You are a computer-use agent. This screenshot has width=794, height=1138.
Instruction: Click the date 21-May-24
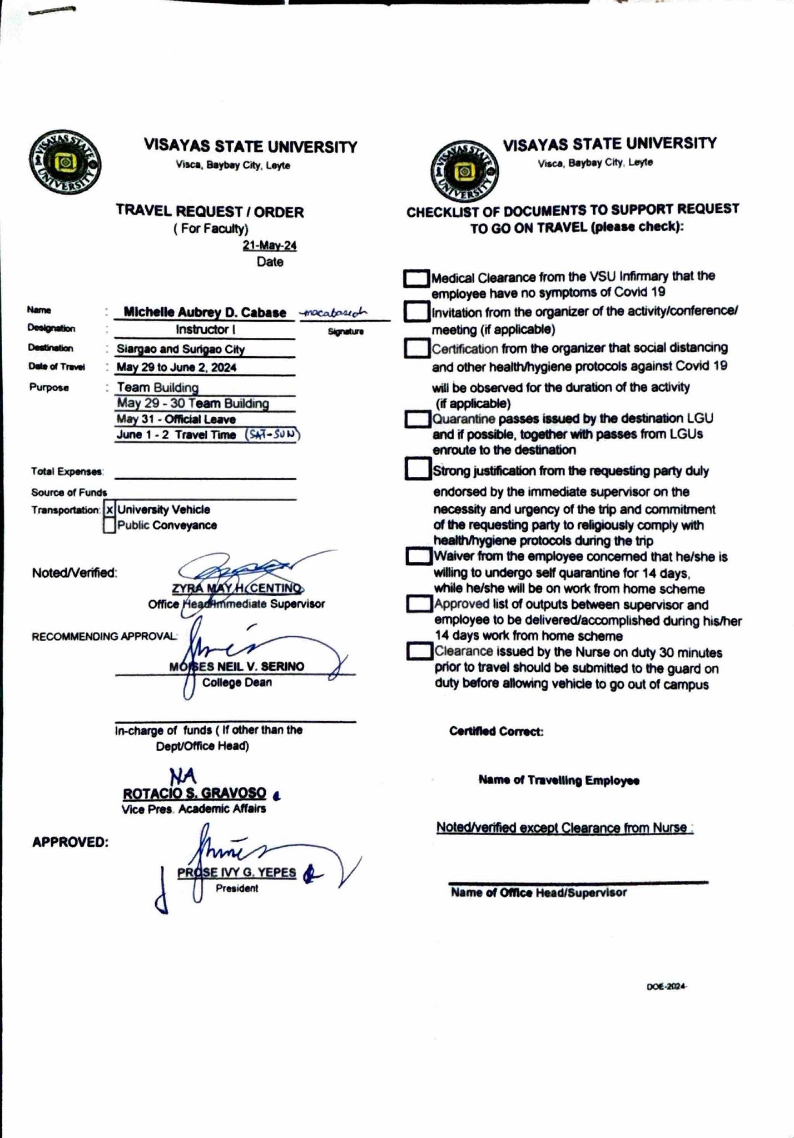(x=270, y=246)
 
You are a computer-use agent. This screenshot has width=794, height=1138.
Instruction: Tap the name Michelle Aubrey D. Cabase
(x=205, y=312)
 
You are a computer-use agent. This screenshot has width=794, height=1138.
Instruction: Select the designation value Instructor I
(x=206, y=330)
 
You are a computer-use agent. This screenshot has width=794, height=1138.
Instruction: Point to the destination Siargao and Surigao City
(x=181, y=349)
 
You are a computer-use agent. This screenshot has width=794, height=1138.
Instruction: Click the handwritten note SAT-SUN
(x=272, y=435)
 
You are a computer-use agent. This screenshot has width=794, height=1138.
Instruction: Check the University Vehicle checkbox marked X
(x=110, y=510)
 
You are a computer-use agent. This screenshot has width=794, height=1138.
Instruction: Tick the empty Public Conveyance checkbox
(x=110, y=525)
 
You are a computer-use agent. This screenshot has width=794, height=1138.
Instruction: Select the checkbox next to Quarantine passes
(x=418, y=419)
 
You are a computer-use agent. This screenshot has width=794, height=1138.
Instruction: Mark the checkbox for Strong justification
(x=418, y=468)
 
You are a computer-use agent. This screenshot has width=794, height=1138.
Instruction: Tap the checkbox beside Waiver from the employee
(x=419, y=556)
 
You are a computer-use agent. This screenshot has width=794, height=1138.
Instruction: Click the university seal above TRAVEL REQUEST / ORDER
(x=65, y=163)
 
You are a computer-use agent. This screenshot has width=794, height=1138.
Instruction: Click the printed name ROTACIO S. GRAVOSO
(x=195, y=793)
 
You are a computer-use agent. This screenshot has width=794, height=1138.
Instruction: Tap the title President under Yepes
(x=237, y=889)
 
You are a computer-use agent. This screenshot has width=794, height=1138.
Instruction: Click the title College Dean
(x=237, y=682)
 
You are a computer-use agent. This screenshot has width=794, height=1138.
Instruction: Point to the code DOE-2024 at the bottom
(x=667, y=987)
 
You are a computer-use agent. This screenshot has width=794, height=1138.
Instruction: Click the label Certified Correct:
(x=496, y=731)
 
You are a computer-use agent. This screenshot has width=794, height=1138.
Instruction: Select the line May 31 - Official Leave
(x=176, y=420)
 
